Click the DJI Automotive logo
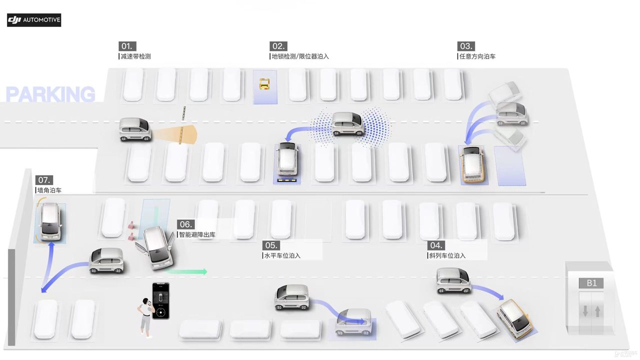click(34, 20)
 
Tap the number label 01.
click(127, 46)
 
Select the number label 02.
click(278, 46)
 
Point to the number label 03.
click(465, 46)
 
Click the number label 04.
click(436, 245)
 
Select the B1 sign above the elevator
click(591, 283)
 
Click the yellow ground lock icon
click(264, 84)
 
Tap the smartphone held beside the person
click(161, 301)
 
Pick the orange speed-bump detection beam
click(174, 134)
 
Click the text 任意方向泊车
click(477, 56)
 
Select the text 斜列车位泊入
click(447, 255)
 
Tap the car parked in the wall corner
click(51, 221)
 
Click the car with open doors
click(155, 248)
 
